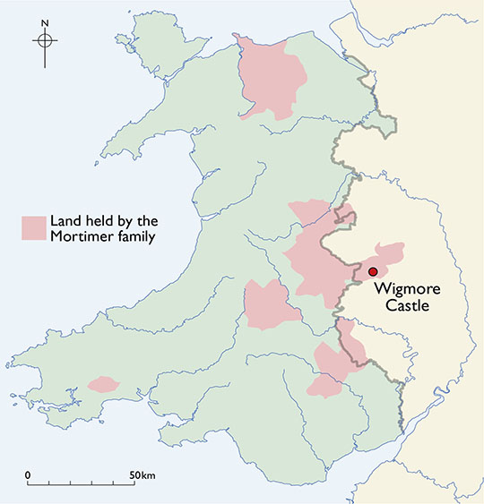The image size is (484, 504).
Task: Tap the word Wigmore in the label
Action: (x=402, y=290)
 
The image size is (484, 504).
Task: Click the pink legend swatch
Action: (x=34, y=228)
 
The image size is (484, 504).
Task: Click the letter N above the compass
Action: (x=45, y=22)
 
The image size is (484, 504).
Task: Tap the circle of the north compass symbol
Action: (x=45, y=40)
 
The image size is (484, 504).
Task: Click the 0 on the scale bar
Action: (x=28, y=474)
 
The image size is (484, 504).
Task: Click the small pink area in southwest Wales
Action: (x=103, y=385)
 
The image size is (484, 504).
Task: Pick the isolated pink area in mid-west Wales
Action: (x=270, y=305)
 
